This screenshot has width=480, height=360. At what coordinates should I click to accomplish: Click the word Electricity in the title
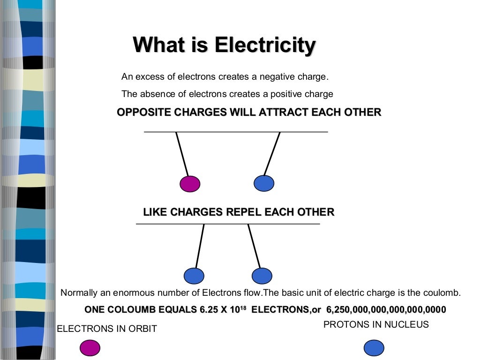point(265,45)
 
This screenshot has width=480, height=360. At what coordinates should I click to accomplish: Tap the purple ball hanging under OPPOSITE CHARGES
point(190,183)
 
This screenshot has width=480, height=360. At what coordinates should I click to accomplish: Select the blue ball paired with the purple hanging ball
point(264,183)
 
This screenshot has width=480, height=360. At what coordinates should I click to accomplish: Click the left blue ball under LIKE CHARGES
point(194,276)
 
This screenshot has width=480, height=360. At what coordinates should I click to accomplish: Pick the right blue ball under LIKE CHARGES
point(262,276)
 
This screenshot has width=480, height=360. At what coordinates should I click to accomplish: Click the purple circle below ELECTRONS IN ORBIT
point(90,348)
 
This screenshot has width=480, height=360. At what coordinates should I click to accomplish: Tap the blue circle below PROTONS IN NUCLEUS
point(374,348)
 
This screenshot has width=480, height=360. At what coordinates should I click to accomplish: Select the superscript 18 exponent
point(243,307)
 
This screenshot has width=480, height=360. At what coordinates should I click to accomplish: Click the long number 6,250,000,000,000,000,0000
point(386,310)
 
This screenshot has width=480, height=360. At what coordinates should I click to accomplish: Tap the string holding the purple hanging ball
point(182,154)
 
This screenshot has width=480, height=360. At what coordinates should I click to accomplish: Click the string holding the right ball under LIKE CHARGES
point(254,246)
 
